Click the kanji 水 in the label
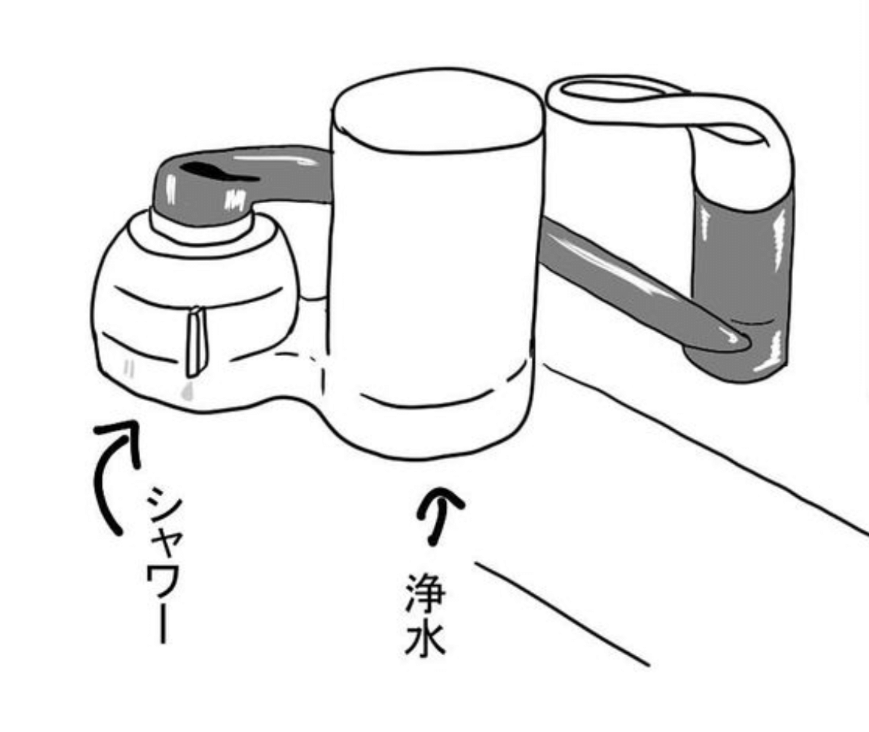click(x=425, y=638)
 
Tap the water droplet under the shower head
click(x=189, y=390)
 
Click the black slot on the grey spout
click(x=219, y=171)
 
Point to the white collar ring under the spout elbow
click(x=202, y=229)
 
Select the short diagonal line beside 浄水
click(x=562, y=614)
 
